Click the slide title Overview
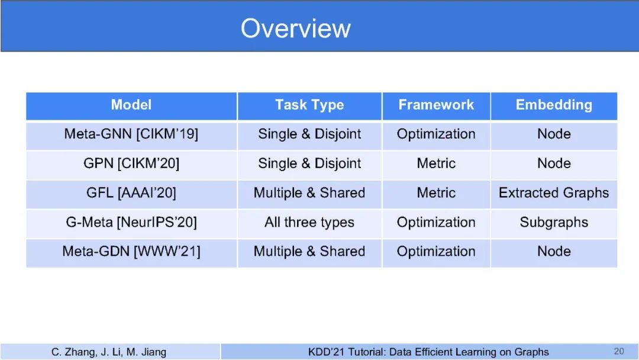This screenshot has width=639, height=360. pos(295,28)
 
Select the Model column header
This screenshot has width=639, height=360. pos(131,105)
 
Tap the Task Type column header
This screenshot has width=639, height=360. pos(309,105)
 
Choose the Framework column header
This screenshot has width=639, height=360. pos(436,105)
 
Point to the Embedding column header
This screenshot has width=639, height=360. pos(554,105)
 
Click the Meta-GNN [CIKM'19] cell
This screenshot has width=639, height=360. pos(131,134)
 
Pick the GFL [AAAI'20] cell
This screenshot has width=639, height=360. pos(131,192)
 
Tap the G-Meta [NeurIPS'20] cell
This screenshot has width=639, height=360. pos(131,222)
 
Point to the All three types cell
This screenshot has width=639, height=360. pos(309,222)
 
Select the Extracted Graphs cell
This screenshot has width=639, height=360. pos(554,192)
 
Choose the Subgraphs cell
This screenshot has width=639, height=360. pos(554,222)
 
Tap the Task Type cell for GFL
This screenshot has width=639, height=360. pos(309,192)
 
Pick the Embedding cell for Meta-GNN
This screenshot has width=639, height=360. pos(554,134)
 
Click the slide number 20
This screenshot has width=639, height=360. pos(619,351)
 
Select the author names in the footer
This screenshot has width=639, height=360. pos(109,352)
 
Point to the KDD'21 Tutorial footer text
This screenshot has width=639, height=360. pos(428,352)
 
